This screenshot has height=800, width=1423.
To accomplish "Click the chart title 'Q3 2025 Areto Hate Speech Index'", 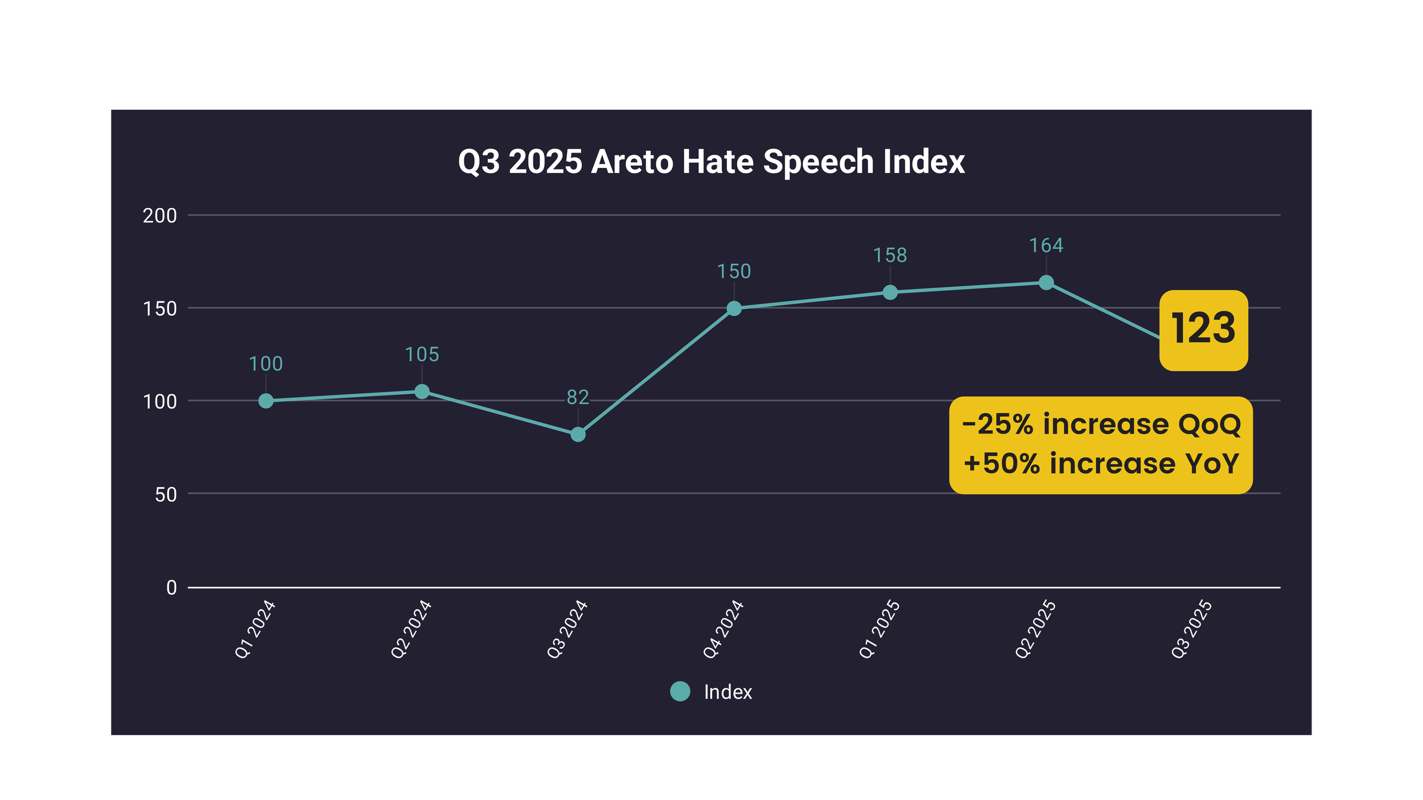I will tap(711, 162).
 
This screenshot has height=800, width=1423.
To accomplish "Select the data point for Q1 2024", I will tap(266, 401).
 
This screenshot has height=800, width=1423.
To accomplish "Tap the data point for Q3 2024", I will tap(578, 435).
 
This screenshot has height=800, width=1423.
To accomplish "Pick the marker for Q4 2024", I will tap(734, 308).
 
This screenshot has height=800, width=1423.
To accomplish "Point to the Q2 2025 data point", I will tap(1046, 283).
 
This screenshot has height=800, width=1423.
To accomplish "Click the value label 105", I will tap(422, 355).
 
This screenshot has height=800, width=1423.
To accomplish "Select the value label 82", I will tap(578, 397).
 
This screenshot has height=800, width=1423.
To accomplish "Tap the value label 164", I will tap(1046, 246).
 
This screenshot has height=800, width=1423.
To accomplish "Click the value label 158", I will tap(890, 255).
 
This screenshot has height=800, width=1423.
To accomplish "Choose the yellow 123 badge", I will tap(1203, 330).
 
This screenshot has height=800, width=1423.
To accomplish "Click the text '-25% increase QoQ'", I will tap(1101, 424).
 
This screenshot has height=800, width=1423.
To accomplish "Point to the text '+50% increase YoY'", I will tap(1101, 464).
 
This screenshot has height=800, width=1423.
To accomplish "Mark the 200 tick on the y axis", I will tap(160, 216).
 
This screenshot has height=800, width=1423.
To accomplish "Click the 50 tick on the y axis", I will tap(166, 494).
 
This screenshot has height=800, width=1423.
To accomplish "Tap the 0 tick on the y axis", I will tap(171, 588).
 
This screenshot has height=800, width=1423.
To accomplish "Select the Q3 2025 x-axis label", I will tap(1191, 629).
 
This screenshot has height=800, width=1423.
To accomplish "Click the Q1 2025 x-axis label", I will tap(879, 629).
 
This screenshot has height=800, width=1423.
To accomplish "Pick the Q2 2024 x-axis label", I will tap(411, 629).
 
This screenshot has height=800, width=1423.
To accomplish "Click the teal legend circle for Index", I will tap(680, 691).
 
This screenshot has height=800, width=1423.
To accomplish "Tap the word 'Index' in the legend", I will tap(728, 692).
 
